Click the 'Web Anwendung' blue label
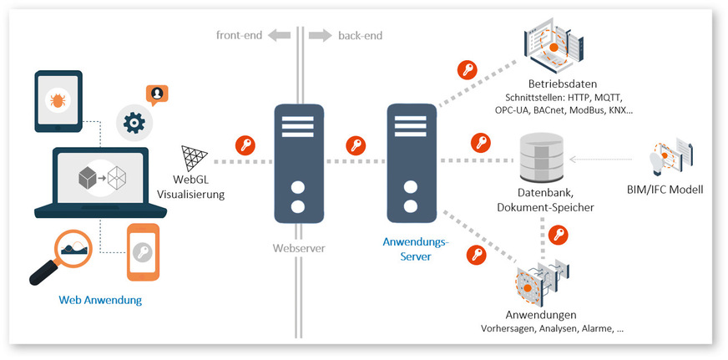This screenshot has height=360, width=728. pyautogui.click(x=100, y=300)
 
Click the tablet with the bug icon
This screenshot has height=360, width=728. pyautogui.click(x=58, y=100)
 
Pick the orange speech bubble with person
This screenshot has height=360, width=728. pyautogui.click(x=155, y=94)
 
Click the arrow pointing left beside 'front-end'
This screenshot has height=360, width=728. pyautogui.click(x=278, y=36)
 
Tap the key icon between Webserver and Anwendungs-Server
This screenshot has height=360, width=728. pyautogui.click(x=355, y=145)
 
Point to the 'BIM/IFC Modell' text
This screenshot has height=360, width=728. pyautogui.click(x=665, y=190)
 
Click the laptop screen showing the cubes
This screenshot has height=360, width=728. pyautogui.click(x=100, y=179)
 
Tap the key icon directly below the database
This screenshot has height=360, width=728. pyautogui.click(x=558, y=236)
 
